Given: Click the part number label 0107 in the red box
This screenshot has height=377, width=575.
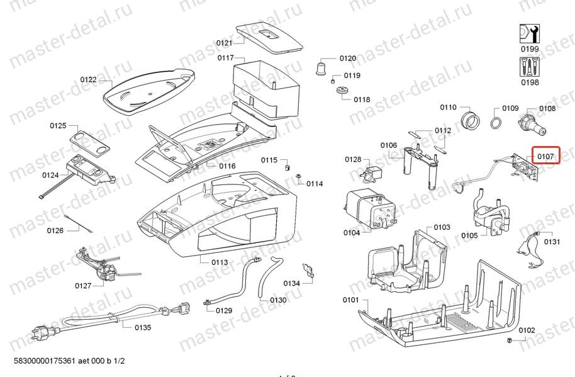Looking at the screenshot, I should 545,155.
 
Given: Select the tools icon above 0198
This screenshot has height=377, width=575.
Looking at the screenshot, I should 529,66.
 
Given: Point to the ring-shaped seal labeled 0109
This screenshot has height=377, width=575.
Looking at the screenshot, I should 496,121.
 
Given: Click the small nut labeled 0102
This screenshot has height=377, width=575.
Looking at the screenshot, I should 509,340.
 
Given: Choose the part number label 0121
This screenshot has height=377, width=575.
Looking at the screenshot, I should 224,43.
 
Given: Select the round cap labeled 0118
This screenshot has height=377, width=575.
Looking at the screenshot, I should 343,92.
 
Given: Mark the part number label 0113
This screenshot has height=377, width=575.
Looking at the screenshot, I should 220,262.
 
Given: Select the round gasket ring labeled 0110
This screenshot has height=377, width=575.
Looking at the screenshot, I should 469,120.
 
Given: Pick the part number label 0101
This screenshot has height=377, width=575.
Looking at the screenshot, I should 350,300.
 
